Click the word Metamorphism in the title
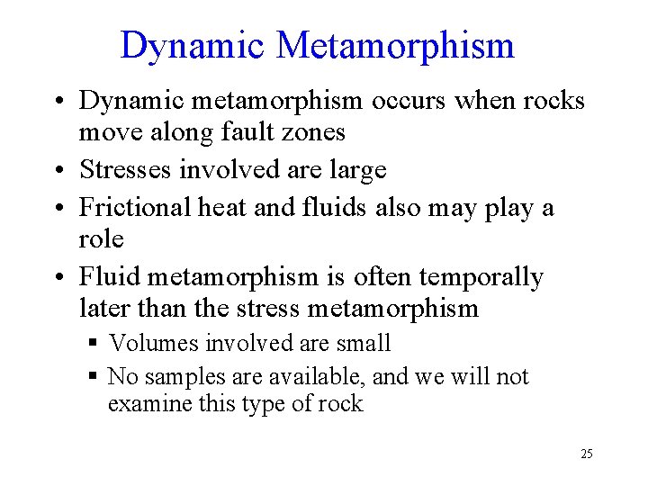pyautogui.click(x=396, y=45)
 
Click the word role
pyautogui.click(x=101, y=239)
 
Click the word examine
pyautogui.click(x=148, y=404)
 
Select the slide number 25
pyautogui.click(x=586, y=454)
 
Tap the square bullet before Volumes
pyautogui.click(x=93, y=344)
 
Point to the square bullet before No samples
pyautogui.click(x=93, y=377)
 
